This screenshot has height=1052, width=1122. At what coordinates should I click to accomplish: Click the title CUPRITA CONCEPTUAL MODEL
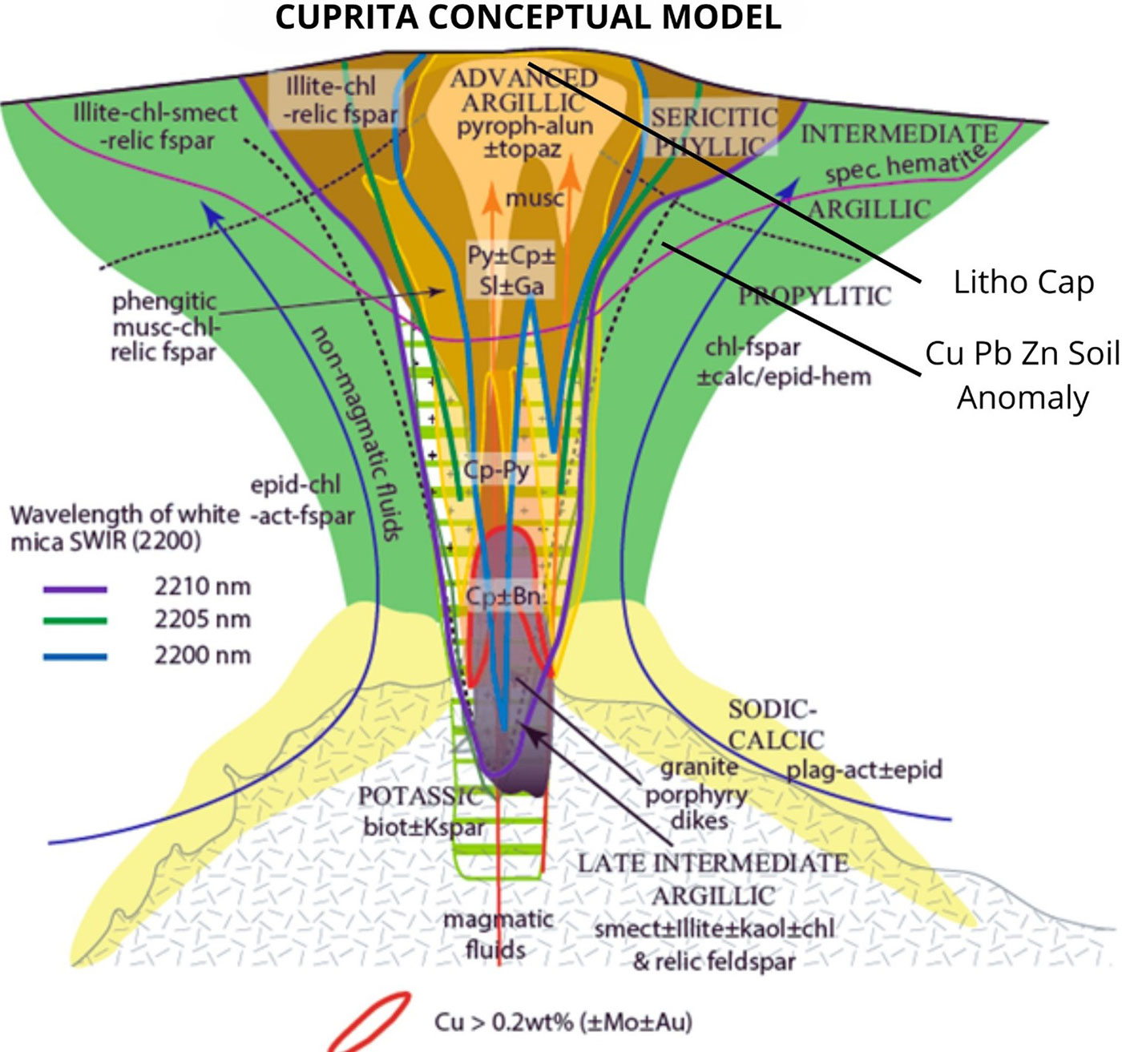pyautogui.click(x=528, y=17)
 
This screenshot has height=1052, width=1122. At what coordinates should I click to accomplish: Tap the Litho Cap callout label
pyautogui.click(x=1023, y=282)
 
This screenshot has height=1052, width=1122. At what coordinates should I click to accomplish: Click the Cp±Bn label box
pyautogui.click(x=505, y=597)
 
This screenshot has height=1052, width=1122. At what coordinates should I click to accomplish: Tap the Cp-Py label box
pyautogui.click(x=497, y=470)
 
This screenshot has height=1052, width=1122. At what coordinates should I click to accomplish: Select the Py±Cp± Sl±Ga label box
pyautogui.click(x=511, y=270)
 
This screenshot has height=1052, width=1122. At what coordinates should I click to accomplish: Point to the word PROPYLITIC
pyautogui.click(x=814, y=296)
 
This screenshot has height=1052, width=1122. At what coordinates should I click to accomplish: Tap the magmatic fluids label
pyautogui.click(x=497, y=934)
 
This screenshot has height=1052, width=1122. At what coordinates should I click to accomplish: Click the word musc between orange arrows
pyautogui.click(x=535, y=198)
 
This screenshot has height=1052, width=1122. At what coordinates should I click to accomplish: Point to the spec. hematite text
pyautogui.click(x=904, y=164)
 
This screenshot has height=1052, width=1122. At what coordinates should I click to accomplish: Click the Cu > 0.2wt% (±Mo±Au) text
pyautogui.click(x=563, y=1022)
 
